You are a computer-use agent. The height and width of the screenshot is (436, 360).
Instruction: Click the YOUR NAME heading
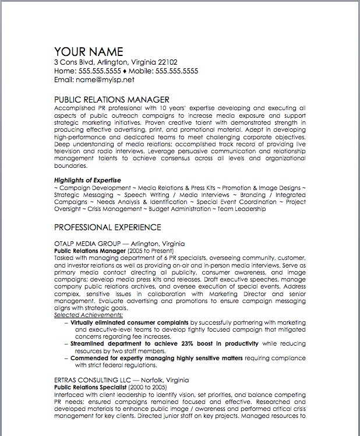[89, 51]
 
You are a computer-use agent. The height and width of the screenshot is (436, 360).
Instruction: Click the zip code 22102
[166, 62]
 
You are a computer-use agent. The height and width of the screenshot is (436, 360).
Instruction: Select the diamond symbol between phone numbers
[124, 71]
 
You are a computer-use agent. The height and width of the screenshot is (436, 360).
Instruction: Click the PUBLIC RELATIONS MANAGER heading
[112, 100]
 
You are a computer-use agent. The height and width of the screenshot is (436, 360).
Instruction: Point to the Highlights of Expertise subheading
[87, 181]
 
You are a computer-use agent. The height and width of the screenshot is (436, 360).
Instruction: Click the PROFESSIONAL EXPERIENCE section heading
[108, 227]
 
